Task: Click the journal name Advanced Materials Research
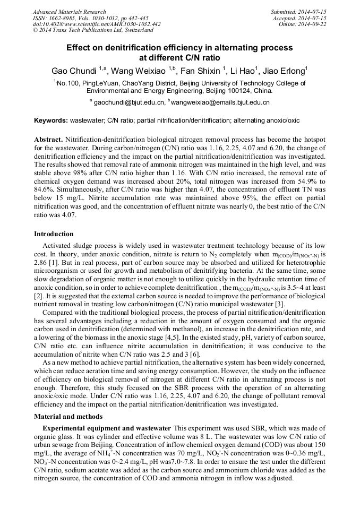click(70, 12)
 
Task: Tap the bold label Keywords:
click(51, 121)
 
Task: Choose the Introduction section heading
click(54, 234)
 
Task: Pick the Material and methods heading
click(68, 417)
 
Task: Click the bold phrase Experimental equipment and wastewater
click(107, 428)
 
